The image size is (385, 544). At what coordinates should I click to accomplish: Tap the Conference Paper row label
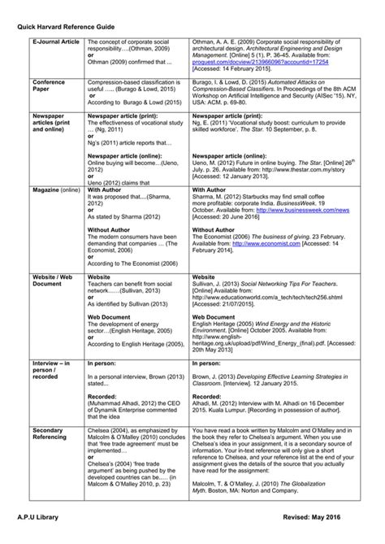click(x=49, y=86)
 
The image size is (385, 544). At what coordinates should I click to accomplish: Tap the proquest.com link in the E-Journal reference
click(x=257, y=63)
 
